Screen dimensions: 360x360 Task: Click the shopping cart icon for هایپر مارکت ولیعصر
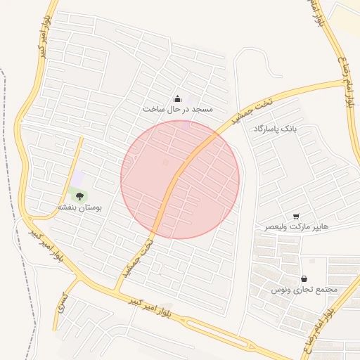coord(296,216)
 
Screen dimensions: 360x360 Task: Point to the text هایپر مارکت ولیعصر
coord(296,227)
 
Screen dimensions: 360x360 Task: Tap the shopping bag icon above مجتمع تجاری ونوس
coord(304,278)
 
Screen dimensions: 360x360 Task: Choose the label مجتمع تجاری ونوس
coord(304,290)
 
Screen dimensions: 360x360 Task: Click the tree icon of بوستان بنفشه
coord(79,197)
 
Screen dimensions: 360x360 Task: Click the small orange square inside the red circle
coord(166,163)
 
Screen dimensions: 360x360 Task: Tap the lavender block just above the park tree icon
coord(77,179)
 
